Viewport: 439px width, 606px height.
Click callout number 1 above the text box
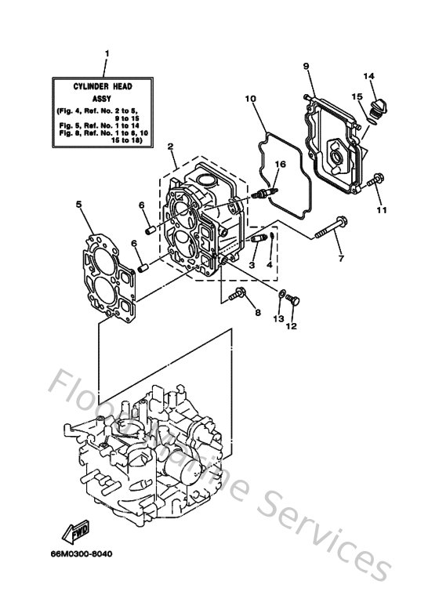pos(107,53)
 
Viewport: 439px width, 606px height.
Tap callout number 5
pos(79,205)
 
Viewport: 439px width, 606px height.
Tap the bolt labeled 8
pos(238,296)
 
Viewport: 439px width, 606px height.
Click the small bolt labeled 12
pos(293,299)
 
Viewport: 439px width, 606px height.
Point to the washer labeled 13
pos(281,296)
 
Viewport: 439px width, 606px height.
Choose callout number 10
pos(250,100)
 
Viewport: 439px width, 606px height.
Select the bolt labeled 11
pos(376,180)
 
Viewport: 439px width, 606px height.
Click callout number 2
pos(170,147)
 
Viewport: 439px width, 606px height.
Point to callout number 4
pos(269,265)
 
